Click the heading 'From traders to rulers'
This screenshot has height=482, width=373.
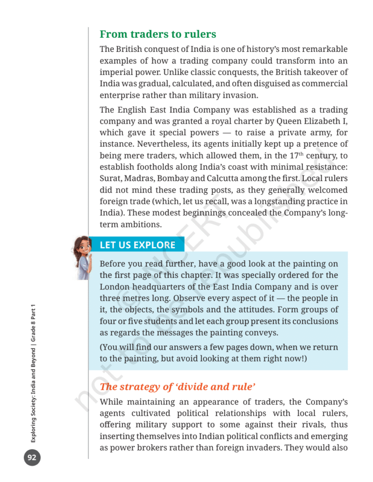click(x=158, y=34)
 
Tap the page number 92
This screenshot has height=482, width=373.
click(x=32, y=458)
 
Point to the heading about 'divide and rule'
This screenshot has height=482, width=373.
click(x=178, y=387)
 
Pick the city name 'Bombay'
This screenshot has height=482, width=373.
click(x=173, y=178)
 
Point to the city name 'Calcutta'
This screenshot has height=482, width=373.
click(x=224, y=178)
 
